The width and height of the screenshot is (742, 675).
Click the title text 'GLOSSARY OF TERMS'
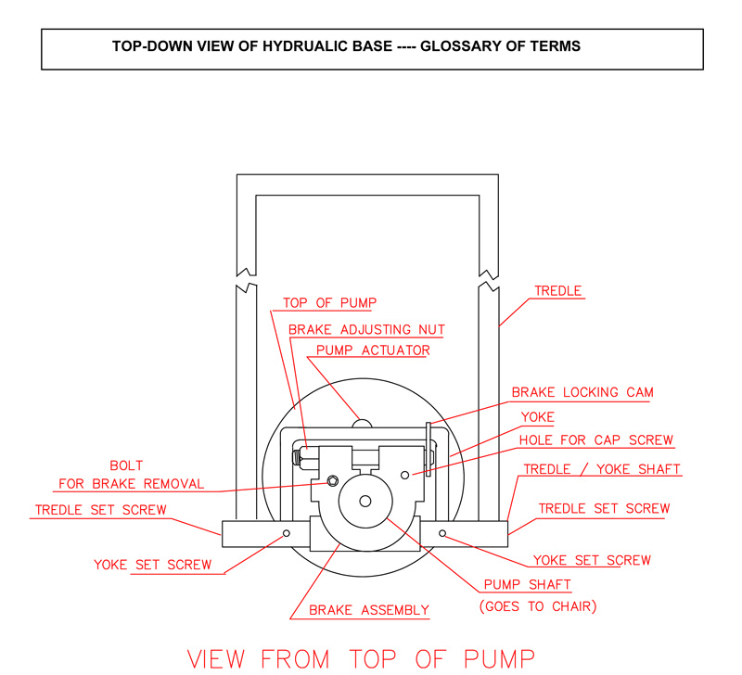[501, 45]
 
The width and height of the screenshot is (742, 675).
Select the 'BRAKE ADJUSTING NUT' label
[367, 329]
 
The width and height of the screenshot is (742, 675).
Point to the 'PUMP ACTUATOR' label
[373, 351]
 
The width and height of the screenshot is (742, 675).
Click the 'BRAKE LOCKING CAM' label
[582, 392]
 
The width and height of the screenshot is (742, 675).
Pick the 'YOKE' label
[538, 417]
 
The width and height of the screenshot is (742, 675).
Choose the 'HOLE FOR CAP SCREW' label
[596, 440]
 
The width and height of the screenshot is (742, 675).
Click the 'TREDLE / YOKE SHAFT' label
[603, 469]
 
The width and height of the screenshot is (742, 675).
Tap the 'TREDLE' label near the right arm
[558, 291]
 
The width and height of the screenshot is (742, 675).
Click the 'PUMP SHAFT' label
[528, 585]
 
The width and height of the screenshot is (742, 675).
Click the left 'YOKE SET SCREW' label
[153, 565]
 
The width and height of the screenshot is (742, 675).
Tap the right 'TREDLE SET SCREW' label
[604, 509]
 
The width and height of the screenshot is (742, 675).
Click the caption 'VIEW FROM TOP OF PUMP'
[361, 657]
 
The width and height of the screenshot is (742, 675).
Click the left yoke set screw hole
[286, 533]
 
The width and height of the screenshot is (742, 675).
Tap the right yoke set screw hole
[442, 533]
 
